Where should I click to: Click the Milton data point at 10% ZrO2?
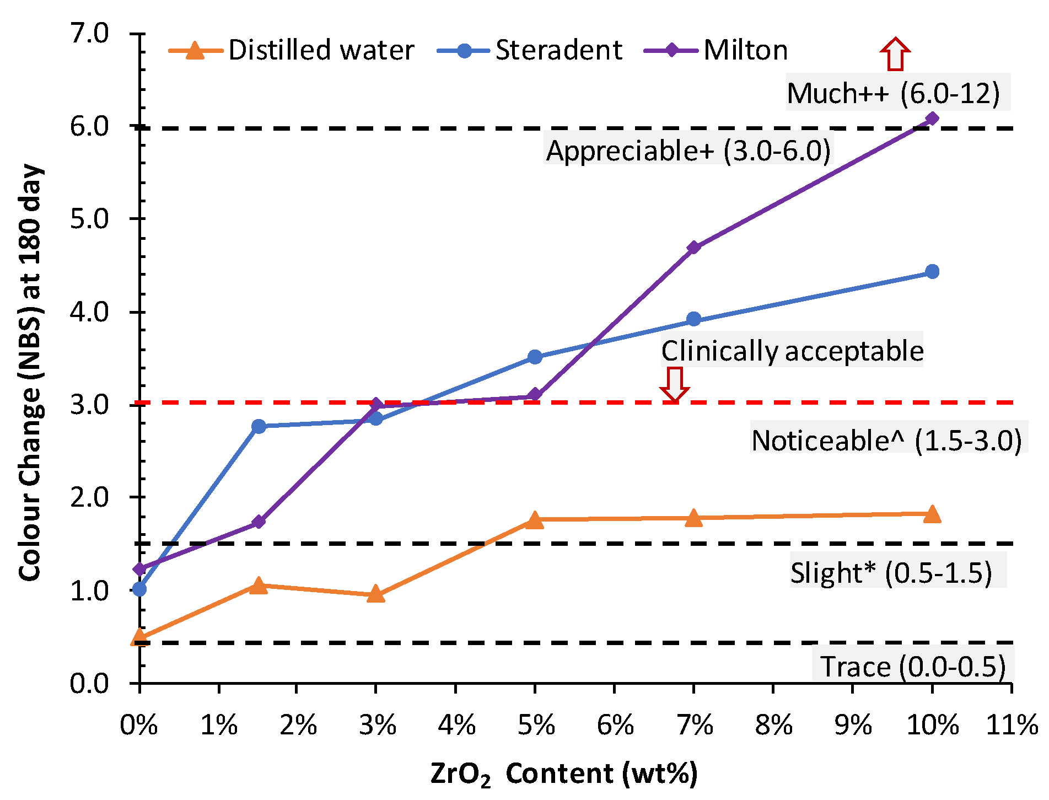932,119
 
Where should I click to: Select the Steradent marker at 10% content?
932,271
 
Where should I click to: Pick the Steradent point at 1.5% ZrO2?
259,426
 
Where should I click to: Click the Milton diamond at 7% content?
693,247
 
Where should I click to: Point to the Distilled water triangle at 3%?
375,595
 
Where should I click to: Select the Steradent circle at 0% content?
140,589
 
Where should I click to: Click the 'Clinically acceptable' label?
792,351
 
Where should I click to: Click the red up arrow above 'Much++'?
895,54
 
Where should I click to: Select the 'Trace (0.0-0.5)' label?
912,667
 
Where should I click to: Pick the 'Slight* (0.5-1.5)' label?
891,573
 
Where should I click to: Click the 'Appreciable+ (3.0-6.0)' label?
688,151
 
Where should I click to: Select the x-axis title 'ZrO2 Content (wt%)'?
564,774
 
